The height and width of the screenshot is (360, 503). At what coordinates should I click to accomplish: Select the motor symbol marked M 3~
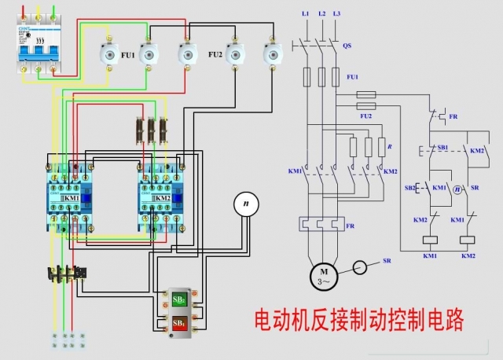coord(322,276)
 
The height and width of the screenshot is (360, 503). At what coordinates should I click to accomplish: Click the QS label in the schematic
coord(347,46)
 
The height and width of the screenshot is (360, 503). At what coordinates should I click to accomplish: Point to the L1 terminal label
coord(305,14)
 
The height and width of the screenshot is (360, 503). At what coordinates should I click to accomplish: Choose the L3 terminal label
coord(336,14)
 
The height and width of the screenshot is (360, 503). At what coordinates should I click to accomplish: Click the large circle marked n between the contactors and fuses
coord(246,204)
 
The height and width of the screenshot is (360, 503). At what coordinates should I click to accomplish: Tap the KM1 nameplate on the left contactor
coord(71,199)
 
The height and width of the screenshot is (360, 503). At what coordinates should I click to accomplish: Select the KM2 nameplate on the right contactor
coord(162,199)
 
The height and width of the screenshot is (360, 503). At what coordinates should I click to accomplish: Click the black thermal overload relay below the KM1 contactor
coord(67,274)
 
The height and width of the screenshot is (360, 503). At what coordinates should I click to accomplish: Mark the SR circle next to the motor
coord(361,268)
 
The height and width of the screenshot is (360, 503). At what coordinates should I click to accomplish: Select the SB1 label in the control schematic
coord(443,147)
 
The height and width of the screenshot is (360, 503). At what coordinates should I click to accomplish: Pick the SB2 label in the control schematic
coord(410,189)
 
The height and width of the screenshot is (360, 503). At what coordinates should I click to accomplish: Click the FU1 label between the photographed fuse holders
coord(127,54)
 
